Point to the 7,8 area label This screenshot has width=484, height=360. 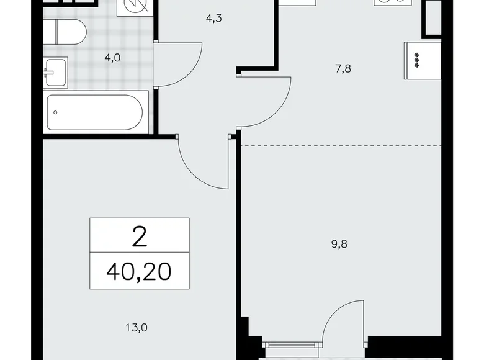343,69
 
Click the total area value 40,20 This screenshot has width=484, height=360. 139,271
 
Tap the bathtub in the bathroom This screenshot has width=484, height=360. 97,112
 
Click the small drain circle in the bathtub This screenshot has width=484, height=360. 56,112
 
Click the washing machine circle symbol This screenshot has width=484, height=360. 133,6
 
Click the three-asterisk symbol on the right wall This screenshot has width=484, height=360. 414,61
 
